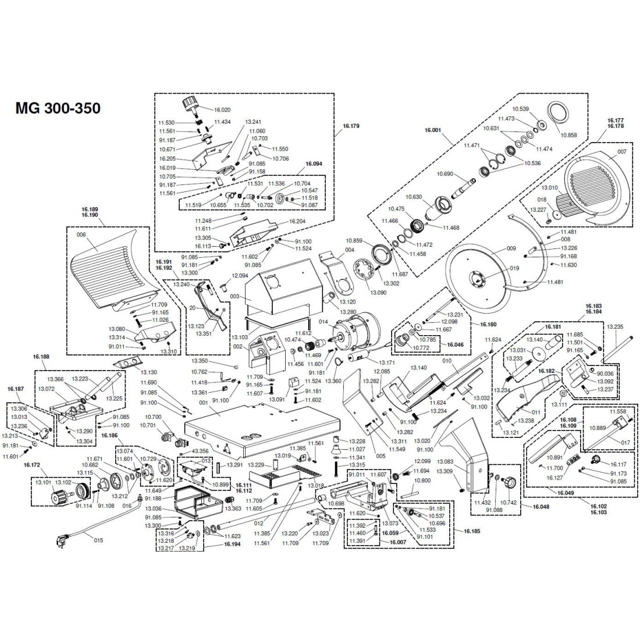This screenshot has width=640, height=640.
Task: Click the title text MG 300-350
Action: [x=58, y=108]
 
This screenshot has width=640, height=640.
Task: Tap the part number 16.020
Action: [x=223, y=109]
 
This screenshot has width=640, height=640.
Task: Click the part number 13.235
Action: [x=615, y=327]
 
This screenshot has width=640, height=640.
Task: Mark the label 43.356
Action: [x=200, y=451]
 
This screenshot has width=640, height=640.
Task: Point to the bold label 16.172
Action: [x=32, y=465]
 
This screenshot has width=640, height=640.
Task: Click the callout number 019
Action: [x=514, y=269]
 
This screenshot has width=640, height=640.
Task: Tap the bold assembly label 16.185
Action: [x=464, y=531]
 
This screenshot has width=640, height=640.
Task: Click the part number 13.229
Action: [x=256, y=465]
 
